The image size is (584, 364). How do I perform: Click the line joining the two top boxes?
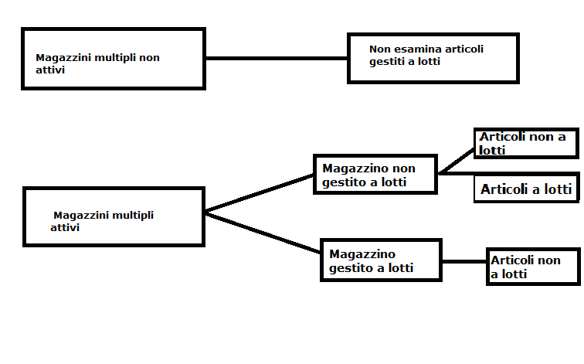tap(277, 58)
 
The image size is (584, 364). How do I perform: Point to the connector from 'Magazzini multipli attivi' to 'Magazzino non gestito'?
tap(260, 193)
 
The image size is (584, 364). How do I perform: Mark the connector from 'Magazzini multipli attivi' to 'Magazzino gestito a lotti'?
tap(263, 233)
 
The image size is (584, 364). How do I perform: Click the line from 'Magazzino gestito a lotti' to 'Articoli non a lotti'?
tap(464, 261)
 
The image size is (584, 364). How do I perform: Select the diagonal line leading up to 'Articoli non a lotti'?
tap(457, 161)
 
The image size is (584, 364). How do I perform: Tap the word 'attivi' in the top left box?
tap(50, 70)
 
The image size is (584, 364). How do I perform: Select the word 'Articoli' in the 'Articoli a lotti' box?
tap(504, 189)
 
